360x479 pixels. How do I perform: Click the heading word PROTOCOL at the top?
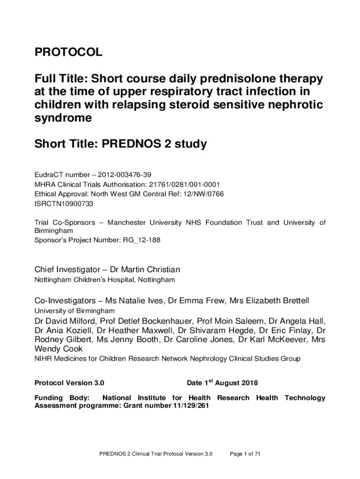coord(68,53)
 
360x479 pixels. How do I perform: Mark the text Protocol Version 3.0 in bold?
coord(70,383)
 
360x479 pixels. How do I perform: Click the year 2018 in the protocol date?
coord(247,383)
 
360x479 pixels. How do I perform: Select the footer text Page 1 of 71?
coord(245,454)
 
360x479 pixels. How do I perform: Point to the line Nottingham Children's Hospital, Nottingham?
coord(105,280)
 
